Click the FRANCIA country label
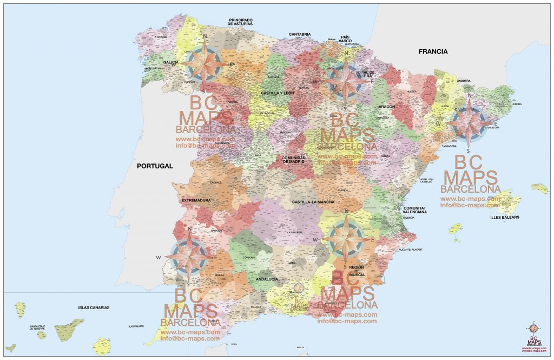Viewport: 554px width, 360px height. coord(433,51)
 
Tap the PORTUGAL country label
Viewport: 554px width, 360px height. coord(154,166)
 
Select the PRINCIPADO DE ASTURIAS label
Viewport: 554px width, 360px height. coord(240,22)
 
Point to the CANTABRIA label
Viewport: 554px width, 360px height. coord(300,34)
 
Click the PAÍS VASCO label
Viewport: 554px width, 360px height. coord(345,39)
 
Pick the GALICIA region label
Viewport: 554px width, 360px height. coord(167,62)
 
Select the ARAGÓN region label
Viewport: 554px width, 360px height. coord(386,107)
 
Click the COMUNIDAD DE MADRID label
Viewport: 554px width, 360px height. coord(294,160)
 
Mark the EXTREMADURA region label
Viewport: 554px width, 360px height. coord(196,200)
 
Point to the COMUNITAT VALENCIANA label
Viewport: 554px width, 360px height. coord(415,210)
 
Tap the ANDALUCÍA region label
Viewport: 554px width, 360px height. coord(267,279)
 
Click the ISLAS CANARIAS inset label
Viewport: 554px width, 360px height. coord(94,307)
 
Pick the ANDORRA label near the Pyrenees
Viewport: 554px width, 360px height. coord(464,81)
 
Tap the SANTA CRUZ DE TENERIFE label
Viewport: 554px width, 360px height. coord(41,328)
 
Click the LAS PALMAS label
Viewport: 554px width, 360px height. coord(136,326)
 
